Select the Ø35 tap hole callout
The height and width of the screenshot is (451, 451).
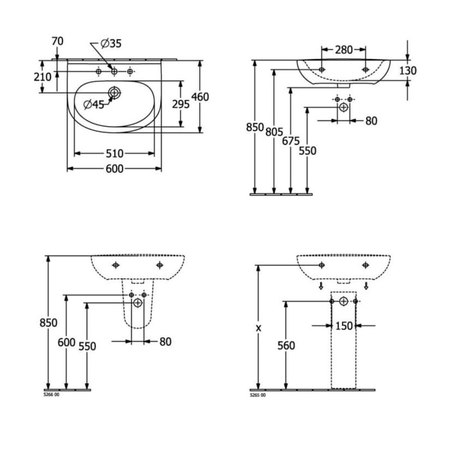coord(111,44)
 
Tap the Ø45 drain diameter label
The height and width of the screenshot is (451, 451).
coord(93,104)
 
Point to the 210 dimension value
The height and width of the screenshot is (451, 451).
coord(43,77)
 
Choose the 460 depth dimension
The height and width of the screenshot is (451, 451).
coord(200,97)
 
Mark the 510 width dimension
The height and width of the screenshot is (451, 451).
coord(114,153)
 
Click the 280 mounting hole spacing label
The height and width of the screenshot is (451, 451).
coord(343,50)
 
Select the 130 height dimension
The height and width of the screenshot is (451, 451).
coord(407,70)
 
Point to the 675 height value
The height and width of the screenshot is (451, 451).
coord(291,142)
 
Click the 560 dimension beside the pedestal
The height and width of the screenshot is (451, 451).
coord(285,346)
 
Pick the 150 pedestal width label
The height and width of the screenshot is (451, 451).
coord(344,326)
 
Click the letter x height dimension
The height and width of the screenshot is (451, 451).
coord(259,328)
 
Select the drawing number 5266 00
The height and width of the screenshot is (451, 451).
coord(51,394)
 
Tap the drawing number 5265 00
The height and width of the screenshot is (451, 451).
coord(257,394)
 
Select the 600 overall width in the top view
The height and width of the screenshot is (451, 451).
coord(114,169)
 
